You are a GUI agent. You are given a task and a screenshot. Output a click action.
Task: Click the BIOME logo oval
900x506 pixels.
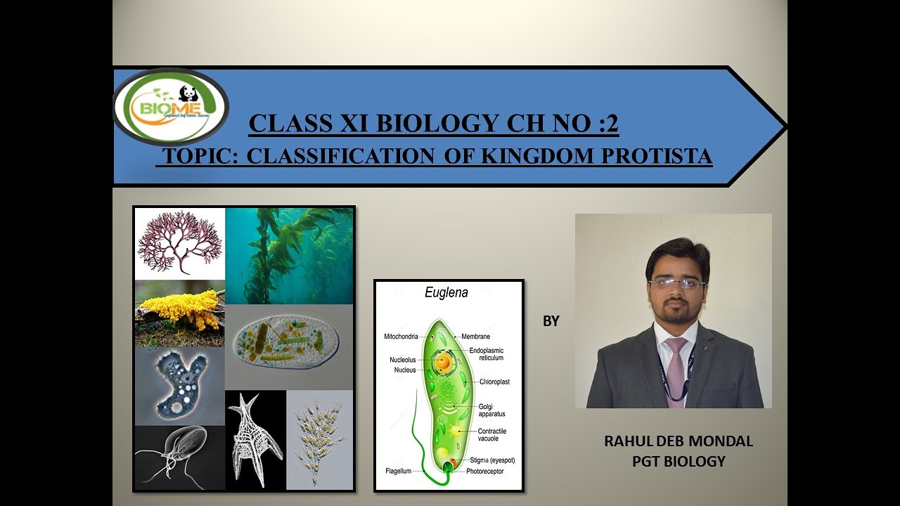click(170, 106)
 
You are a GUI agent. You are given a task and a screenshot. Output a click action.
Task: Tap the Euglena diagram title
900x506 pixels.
click(446, 293)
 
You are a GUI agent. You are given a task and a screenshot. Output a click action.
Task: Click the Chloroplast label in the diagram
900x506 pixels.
click(494, 382)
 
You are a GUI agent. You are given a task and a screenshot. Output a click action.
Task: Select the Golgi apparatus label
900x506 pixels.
click(491, 410)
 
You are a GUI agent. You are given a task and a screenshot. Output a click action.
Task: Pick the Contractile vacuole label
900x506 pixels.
click(491, 435)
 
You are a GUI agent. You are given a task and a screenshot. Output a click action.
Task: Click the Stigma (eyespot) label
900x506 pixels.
click(492, 460)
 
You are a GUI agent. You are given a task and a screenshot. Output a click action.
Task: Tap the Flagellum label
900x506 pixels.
click(398, 471)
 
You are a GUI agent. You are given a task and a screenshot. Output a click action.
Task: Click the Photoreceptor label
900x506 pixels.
click(484, 471)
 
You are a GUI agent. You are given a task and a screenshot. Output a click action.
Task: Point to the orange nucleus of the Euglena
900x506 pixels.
click(442, 363)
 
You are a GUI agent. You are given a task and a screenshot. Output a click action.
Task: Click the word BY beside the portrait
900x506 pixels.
click(551, 321)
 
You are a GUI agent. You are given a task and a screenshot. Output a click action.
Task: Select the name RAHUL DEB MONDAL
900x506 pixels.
click(679, 441)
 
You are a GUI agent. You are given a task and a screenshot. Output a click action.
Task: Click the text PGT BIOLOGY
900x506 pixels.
click(679, 461)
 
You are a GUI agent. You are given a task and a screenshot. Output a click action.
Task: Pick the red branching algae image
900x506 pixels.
click(180, 243)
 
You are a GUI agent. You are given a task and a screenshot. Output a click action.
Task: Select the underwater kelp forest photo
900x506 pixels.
click(289, 256)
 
